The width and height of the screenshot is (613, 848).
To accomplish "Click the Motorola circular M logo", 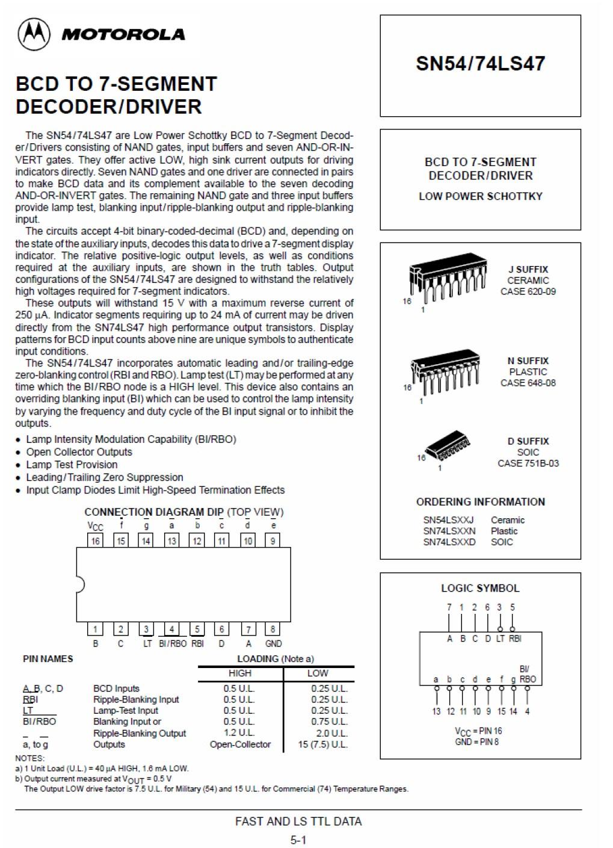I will [x=34, y=34].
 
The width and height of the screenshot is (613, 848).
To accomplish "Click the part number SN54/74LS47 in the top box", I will [x=480, y=64].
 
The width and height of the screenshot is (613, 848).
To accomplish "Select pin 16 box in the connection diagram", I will [x=95, y=540].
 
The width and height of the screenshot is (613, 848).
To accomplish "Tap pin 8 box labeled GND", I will [x=273, y=630].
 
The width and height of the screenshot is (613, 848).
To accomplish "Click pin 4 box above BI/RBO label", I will [x=171, y=630].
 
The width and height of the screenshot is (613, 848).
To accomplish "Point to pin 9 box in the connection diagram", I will [x=273, y=540].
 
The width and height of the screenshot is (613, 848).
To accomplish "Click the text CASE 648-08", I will [x=528, y=383].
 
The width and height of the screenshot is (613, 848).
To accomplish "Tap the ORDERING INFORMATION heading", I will [x=480, y=502].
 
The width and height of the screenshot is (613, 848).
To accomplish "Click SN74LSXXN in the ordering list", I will [x=449, y=531].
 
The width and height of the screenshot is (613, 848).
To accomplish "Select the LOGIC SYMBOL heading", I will [x=480, y=588].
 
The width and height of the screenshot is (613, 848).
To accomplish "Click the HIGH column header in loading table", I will [x=239, y=673].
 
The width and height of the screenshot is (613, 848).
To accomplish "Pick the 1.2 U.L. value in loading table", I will [x=239, y=732].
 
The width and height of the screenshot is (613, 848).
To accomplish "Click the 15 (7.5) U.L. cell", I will [x=322, y=744].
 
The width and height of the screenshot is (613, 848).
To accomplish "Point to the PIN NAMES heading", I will [x=48, y=659].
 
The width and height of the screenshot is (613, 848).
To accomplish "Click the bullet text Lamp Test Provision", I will [x=72, y=465].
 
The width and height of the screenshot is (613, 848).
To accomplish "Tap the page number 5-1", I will [x=298, y=840].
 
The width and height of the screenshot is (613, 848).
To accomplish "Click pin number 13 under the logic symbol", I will [x=436, y=711].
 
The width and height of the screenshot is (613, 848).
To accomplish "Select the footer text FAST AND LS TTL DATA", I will [x=298, y=821].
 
